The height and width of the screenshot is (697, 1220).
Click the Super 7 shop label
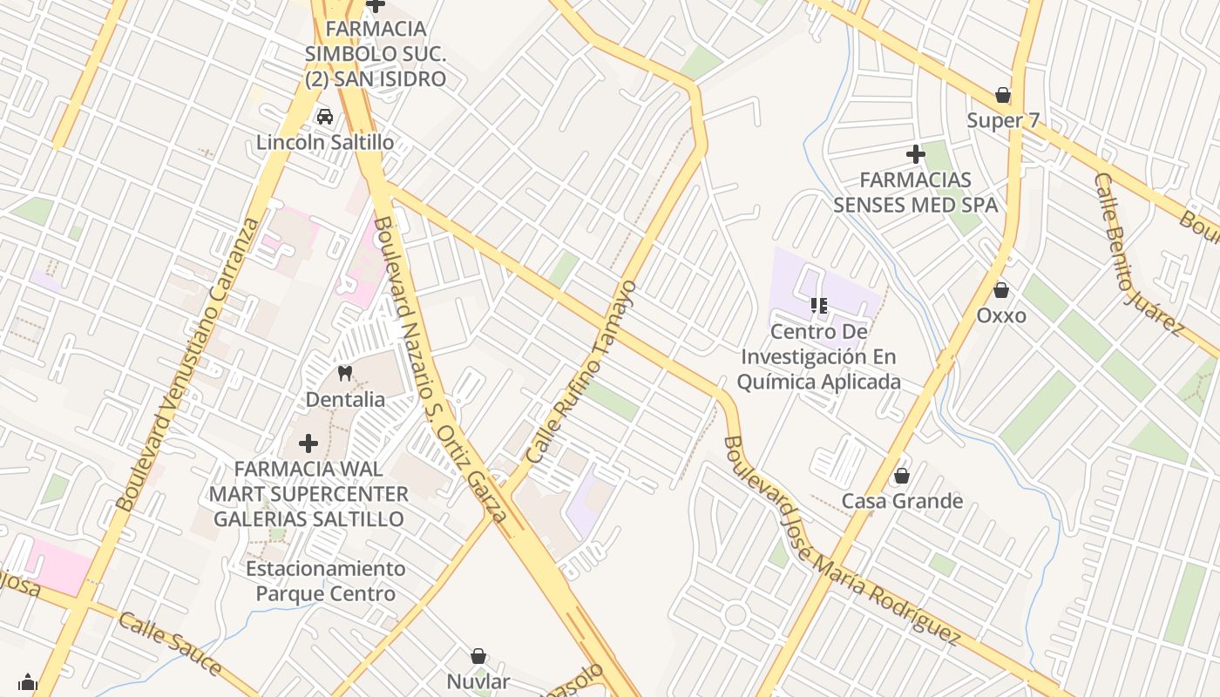point(1003,120)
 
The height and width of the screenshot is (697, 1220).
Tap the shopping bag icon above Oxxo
point(1001,290)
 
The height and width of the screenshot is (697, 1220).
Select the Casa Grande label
point(901,501)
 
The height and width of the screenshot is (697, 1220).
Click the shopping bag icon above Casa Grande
point(901,476)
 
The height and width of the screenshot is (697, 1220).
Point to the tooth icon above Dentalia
point(345,374)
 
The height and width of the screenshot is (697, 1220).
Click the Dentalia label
point(345,400)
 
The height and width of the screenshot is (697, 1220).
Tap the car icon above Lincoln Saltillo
point(325,117)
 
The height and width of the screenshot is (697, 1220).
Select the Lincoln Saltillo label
point(325,142)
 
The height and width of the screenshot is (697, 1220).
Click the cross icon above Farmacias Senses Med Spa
point(915,154)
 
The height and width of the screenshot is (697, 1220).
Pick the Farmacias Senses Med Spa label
point(915,193)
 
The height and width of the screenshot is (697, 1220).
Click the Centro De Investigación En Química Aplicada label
point(818,357)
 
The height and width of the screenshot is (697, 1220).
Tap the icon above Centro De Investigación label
point(818,305)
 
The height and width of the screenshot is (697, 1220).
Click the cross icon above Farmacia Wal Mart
point(308,443)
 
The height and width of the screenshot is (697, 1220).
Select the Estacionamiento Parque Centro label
point(325,581)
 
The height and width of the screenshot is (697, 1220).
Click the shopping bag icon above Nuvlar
point(478,656)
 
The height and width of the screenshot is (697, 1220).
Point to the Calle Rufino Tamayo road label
point(582,372)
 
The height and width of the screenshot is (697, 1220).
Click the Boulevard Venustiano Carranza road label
point(187,364)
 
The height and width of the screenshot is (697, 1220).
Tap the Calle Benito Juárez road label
point(1139,254)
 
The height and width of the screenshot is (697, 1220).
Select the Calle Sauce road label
point(170,644)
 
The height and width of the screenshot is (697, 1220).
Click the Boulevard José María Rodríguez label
point(840,541)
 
